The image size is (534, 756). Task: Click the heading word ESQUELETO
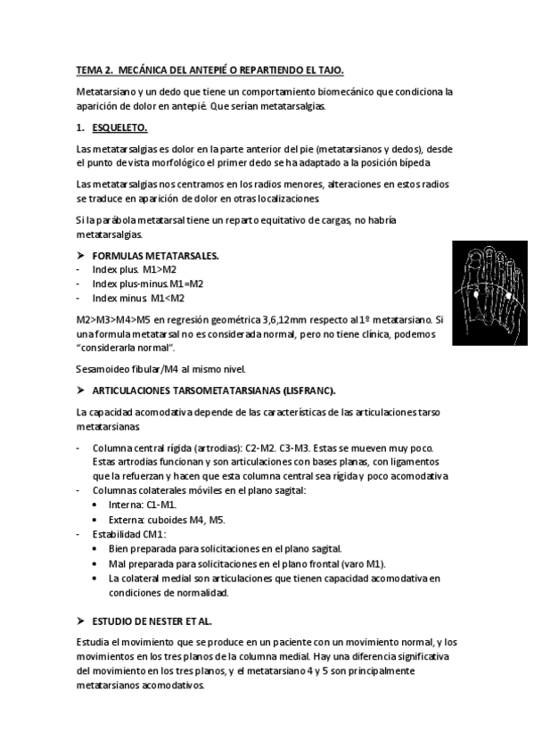[120, 127]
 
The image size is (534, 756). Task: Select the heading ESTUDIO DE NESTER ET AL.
[152, 620]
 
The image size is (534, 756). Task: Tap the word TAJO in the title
[329, 70]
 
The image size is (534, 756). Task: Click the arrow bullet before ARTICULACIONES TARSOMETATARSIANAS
[81, 390]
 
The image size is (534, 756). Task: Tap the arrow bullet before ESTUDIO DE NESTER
[81, 620]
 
